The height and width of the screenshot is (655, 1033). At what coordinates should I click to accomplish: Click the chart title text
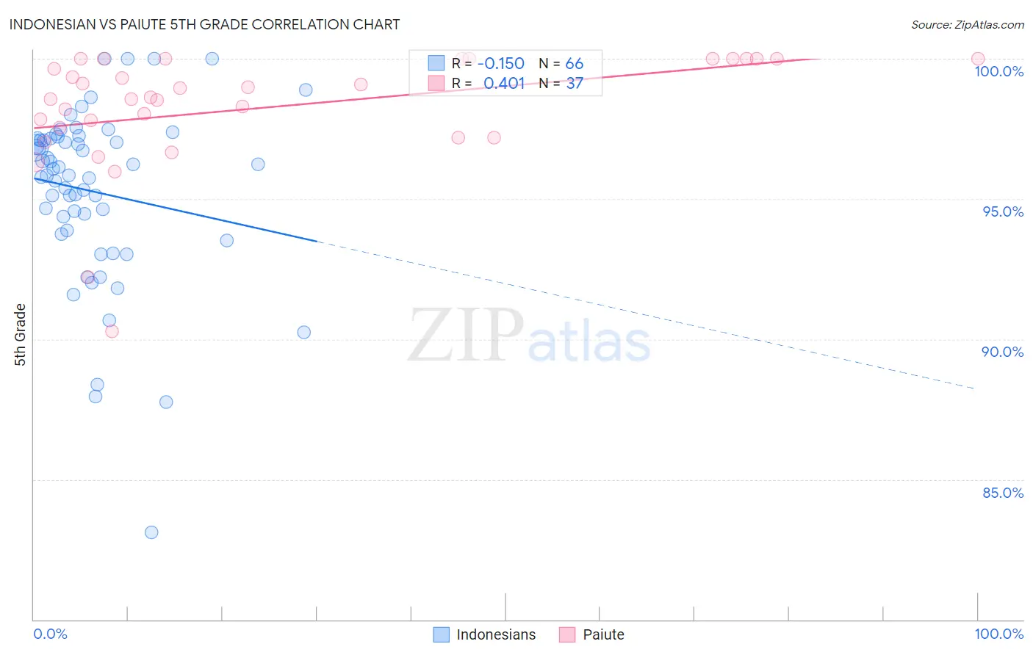click(x=204, y=24)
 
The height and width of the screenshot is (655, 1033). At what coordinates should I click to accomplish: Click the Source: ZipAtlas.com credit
click(x=967, y=25)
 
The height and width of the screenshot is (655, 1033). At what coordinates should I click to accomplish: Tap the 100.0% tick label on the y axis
click(x=998, y=71)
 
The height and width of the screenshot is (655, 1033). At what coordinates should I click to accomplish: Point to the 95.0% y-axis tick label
click(x=1003, y=211)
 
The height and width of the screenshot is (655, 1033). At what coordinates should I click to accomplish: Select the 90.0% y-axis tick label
click(x=1002, y=352)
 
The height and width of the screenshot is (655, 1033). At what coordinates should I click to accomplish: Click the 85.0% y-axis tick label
click(x=1003, y=493)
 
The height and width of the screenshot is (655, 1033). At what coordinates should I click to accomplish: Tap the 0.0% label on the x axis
click(x=50, y=634)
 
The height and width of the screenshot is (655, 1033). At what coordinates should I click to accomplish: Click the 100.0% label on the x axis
click(x=998, y=634)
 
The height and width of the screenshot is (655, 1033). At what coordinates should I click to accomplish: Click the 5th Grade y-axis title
click(x=21, y=335)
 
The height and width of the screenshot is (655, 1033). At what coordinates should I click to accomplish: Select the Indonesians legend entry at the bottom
click(x=485, y=634)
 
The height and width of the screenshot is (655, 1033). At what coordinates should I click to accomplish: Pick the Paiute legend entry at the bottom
click(x=592, y=634)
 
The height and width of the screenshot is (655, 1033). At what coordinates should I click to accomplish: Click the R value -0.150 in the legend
click(x=503, y=63)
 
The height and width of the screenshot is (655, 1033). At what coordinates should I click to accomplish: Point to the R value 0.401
click(x=504, y=83)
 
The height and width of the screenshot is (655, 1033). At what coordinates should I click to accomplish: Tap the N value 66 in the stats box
click(x=574, y=63)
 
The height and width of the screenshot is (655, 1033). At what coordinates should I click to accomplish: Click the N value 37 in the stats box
click(x=574, y=83)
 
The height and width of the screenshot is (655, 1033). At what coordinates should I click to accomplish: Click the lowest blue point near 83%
click(x=151, y=532)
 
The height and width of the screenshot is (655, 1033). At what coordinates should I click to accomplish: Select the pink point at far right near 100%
click(x=978, y=59)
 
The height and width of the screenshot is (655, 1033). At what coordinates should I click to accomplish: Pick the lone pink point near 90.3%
click(x=112, y=331)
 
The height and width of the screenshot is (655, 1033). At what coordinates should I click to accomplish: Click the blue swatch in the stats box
click(x=436, y=63)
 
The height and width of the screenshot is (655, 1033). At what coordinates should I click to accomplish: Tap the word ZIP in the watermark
click(x=465, y=336)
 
